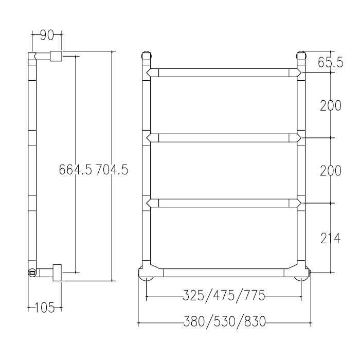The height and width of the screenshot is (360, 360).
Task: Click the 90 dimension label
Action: [47, 35]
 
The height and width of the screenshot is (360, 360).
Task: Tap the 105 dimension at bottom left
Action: [45, 308]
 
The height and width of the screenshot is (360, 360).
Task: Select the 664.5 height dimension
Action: [75, 169]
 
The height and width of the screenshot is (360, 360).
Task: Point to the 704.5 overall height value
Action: [112, 169]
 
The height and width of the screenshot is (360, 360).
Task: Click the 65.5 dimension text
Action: [330, 62]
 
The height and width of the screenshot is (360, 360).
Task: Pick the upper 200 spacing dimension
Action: [331, 105]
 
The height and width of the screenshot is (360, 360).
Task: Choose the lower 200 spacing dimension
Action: [331, 171]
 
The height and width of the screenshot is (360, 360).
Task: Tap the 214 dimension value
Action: [330, 238]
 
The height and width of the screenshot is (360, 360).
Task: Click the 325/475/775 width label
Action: [224, 295]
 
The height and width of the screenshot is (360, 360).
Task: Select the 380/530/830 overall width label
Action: [225, 321]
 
